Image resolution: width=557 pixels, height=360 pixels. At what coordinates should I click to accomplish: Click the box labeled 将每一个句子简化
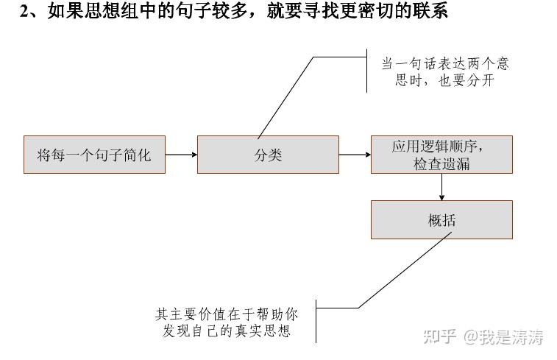click(94, 155)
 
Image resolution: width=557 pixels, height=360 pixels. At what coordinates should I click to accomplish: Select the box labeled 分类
click(268, 155)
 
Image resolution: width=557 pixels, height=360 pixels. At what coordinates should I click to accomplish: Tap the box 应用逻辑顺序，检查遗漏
click(441, 155)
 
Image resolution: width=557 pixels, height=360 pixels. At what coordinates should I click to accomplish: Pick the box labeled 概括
click(441, 219)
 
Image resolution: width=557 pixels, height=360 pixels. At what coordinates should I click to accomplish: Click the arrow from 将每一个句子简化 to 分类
click(181, 155)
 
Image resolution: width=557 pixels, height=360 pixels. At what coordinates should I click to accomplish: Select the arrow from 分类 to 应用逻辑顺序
click(355, 155)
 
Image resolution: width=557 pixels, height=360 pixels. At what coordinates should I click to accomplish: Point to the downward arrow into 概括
click(441, 187)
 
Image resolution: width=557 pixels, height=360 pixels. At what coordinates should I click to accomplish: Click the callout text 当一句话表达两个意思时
click(445, 64)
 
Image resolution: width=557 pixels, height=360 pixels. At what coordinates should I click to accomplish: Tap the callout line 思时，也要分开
click(445, 81)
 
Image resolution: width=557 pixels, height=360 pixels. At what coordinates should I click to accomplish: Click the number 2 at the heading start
click(24, 12)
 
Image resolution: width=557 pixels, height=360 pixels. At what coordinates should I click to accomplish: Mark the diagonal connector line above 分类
click(285, 97)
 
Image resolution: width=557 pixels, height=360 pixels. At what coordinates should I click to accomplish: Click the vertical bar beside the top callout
click(366, 71)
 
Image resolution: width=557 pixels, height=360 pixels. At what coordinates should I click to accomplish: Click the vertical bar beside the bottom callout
click(316, 320)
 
